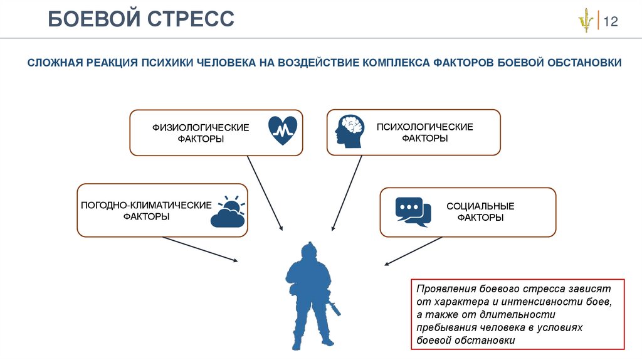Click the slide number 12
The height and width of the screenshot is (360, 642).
click(611, 22)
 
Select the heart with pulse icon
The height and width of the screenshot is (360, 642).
click(283, 130)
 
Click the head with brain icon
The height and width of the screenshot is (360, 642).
click(349, 132)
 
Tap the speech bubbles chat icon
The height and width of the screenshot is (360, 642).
click(413, 211)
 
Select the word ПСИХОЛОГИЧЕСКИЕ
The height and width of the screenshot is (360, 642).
click(424, 127)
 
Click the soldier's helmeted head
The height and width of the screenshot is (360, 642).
click(308, 250)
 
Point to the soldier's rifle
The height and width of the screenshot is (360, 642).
click(332, 306)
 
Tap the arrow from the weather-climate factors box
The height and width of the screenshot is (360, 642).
click(200, 248)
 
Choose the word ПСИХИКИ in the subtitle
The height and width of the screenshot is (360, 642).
click(168, 63)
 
